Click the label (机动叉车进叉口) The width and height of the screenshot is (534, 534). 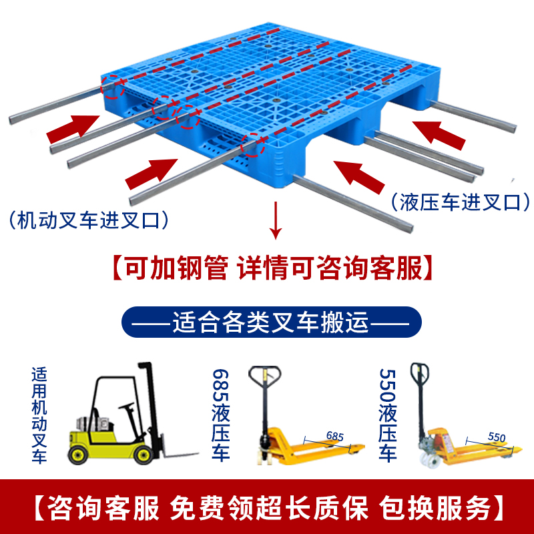[x=87, y=218]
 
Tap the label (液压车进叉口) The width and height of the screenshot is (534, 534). [x=461, y=201]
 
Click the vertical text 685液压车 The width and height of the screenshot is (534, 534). [x=220, y=415]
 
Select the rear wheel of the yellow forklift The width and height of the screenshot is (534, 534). [x=79, y=454]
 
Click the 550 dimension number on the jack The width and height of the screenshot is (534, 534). [x=495, y=437]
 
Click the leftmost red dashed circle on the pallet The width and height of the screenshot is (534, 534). [x=112, y=87]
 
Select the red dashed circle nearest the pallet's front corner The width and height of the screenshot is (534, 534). [x=253, y=144]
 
